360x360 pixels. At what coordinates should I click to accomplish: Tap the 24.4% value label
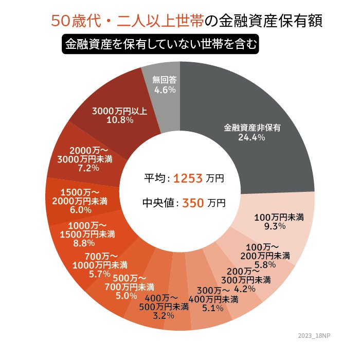pyautogui.click(x=251, y=137)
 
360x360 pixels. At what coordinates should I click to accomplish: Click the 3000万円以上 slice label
pyautogui.click(x=120, y=111)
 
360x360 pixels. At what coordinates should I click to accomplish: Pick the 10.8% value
pyautogui.click(x=120, y=120)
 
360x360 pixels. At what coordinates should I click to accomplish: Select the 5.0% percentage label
pyautogui.click(x=126, y=296)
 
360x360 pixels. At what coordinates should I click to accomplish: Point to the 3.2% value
pyautogui.click(x=164, y=315)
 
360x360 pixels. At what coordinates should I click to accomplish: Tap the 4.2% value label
pyautogui.click(x=244, y=289)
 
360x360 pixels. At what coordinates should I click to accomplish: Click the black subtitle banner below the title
pyautogui.click(x=160, y=44)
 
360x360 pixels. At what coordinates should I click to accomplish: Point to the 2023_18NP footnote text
pyautogui.click(x=315, y=335)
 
